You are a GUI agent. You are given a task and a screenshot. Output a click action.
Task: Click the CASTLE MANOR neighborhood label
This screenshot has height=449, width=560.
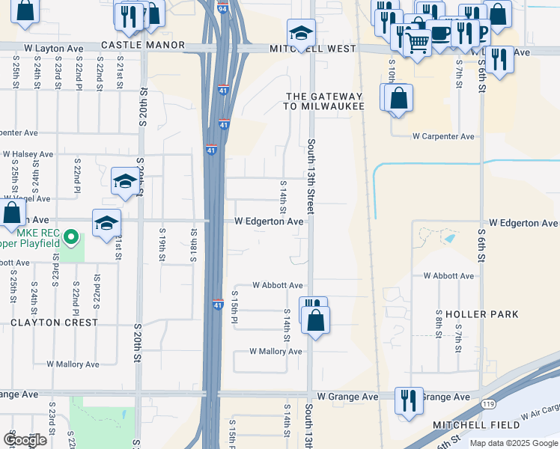point(142,46)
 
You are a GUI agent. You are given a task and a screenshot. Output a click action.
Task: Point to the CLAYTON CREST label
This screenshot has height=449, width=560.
point(54,323)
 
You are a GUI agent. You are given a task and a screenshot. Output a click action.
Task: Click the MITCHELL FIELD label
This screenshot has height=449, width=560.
point(476,425)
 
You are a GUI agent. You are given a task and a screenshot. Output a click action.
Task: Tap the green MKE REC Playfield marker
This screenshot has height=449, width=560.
point(71,238)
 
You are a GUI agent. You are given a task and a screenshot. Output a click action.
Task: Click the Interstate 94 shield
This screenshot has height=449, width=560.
point(223,9)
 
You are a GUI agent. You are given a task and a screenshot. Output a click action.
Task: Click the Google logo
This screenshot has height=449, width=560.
point(25,440)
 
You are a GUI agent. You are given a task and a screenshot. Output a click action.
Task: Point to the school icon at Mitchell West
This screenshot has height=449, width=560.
point(301,33)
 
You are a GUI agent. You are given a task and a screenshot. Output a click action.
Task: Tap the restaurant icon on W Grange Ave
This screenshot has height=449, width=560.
point(409,400)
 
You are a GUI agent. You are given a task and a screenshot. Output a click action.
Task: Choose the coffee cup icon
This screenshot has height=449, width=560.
point(440,34)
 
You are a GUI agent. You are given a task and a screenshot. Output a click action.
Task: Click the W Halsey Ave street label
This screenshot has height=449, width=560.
point(28,154)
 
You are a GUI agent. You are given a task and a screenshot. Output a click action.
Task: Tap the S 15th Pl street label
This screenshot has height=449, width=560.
point(234,305)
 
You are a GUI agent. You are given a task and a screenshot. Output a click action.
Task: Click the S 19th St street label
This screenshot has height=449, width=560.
point(162,247)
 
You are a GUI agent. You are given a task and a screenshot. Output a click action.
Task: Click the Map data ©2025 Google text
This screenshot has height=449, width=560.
point(513,443)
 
